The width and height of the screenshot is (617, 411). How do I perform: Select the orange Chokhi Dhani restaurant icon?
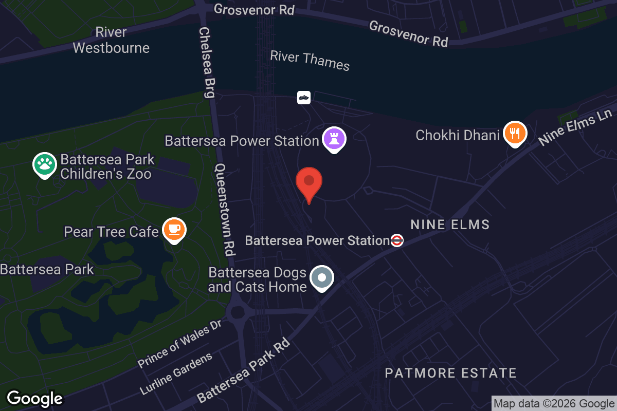514,134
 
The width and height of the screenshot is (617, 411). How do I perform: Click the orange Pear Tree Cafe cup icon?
174,230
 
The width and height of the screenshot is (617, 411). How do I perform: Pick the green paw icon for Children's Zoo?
45,164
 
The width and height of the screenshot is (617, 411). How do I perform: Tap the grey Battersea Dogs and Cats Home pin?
322,278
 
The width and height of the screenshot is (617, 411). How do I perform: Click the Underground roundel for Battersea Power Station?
396,240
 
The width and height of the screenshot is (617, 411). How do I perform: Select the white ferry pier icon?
304,97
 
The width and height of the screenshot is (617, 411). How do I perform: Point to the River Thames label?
310,61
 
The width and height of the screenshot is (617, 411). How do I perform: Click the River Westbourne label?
111,40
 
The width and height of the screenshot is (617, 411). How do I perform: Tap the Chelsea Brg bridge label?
207,62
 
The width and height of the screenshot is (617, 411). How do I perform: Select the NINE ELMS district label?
450,225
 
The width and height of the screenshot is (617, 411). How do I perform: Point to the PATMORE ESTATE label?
450,373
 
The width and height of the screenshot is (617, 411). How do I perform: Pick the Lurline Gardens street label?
175,373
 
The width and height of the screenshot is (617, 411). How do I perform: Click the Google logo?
35,398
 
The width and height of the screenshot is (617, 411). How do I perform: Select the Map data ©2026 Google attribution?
554,404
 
